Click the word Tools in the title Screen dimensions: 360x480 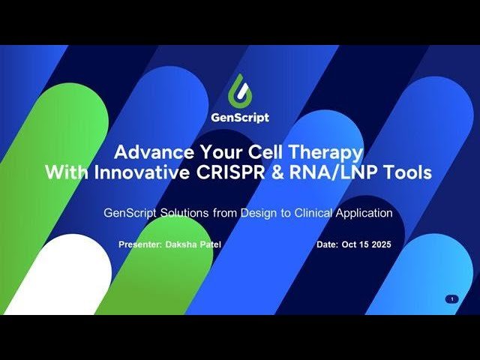409,172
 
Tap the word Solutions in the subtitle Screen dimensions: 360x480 184,213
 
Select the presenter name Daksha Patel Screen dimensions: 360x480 190,245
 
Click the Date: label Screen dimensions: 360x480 328,245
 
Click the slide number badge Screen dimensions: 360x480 451,299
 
